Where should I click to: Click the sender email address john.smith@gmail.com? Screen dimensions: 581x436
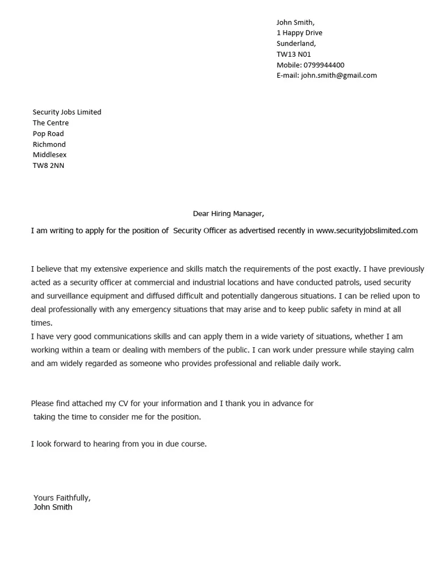[339, 75]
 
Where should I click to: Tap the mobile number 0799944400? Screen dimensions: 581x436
[324, 65]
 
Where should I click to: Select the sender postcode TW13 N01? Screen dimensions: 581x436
[294, 54]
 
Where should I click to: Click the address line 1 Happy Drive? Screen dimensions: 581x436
[299, 33]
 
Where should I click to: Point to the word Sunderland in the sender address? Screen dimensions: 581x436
[296, 44]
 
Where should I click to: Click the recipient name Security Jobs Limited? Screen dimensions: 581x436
[67, 112]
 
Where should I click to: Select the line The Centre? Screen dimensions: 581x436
[51, 123]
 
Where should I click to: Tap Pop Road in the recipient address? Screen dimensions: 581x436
[48, 133]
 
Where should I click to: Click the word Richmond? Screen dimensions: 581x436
[49, 144]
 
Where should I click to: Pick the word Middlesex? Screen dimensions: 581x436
[49, 155]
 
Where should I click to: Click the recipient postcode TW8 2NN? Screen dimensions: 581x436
[48, 166]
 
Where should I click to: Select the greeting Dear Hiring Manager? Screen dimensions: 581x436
[228, 214]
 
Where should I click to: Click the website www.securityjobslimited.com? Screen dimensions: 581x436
[367, 230]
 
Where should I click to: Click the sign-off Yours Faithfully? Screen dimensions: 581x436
[62, 498]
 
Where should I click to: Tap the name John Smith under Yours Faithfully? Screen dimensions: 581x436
[53, 507]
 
